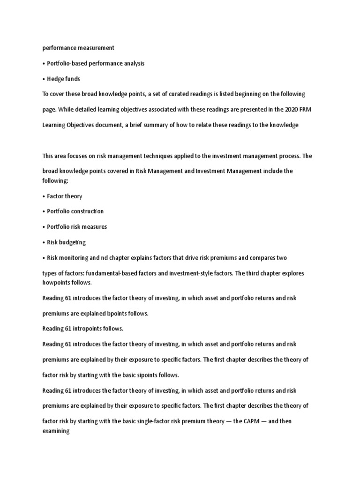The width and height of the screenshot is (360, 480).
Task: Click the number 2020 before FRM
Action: click(279, 110)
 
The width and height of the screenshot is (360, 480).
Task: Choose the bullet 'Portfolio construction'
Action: click(75, 211)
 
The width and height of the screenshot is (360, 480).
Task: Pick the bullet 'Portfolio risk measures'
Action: click(77, 227)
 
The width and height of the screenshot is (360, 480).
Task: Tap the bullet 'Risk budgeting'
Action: click(67, 242)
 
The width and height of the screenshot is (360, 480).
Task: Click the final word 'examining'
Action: click(56, 429)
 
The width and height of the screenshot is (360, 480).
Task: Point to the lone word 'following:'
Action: click(55, 180)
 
